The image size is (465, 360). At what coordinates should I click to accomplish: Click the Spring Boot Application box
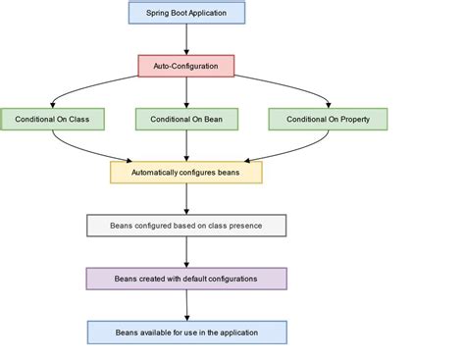click(x=186, y=13)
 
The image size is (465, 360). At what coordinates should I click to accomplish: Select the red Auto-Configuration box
click(x=186, y=66)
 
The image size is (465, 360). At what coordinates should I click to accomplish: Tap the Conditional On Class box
click(x=52, y=119)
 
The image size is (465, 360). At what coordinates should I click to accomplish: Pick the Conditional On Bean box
click(x=186, y=119)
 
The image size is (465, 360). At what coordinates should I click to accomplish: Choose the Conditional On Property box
click(x=328, y=119)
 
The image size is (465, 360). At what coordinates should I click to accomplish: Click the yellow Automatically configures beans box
click(x=186, y=172)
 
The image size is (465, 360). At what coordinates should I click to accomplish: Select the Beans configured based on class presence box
click(x=186, y=226)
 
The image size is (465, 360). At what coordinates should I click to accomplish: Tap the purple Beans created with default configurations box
click(x=186, y=279)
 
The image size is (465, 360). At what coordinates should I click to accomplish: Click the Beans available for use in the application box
click(x=186, y=332)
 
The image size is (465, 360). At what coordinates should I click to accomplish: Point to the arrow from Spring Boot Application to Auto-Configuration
click(x=186, y=39)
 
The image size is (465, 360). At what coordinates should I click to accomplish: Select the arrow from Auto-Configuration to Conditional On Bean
click(x=186, y=92)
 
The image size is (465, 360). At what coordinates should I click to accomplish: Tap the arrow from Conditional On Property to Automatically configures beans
click(x=284, y=149)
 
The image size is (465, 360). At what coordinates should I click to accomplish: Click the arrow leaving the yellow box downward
click(x=186, y=198)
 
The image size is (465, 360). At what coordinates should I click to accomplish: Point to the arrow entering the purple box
click(x=186, y=252)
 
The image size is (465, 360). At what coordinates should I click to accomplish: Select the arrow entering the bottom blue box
click(x=186, y=305)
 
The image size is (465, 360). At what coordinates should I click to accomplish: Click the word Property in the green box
click(x=352, y=119)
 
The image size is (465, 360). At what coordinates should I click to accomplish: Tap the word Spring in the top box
click(x=159, y=13)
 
